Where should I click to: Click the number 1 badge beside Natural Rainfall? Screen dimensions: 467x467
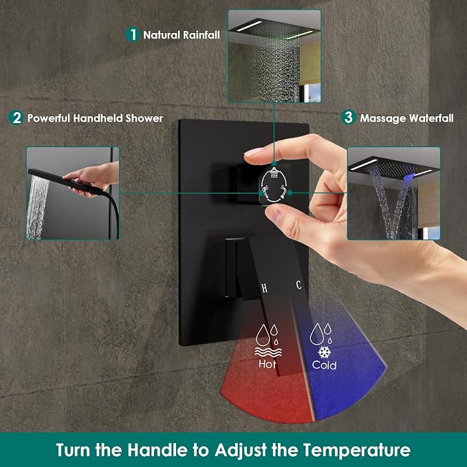pos(133,34)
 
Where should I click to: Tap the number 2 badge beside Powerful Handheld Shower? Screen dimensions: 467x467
pos(16,118)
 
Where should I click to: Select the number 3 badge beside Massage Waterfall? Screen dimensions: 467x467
pos(349,117)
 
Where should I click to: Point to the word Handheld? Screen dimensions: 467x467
pos(98,118)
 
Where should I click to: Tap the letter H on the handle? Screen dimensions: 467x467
pos(264,288)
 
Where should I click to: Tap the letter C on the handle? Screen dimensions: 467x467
pos(298,285)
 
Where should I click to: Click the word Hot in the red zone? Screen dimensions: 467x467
pos(267,364)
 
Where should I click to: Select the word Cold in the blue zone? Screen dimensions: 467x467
pos(324,365)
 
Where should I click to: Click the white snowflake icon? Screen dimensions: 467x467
pos(325,352)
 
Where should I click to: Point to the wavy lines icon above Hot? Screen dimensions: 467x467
pos(268,352)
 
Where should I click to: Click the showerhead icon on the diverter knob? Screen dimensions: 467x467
pos(274,173)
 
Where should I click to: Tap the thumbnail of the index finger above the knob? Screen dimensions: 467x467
pos(254,152)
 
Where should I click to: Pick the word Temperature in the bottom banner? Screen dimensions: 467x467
pos(357,450)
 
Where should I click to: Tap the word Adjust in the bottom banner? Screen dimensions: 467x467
pos(241,450)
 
